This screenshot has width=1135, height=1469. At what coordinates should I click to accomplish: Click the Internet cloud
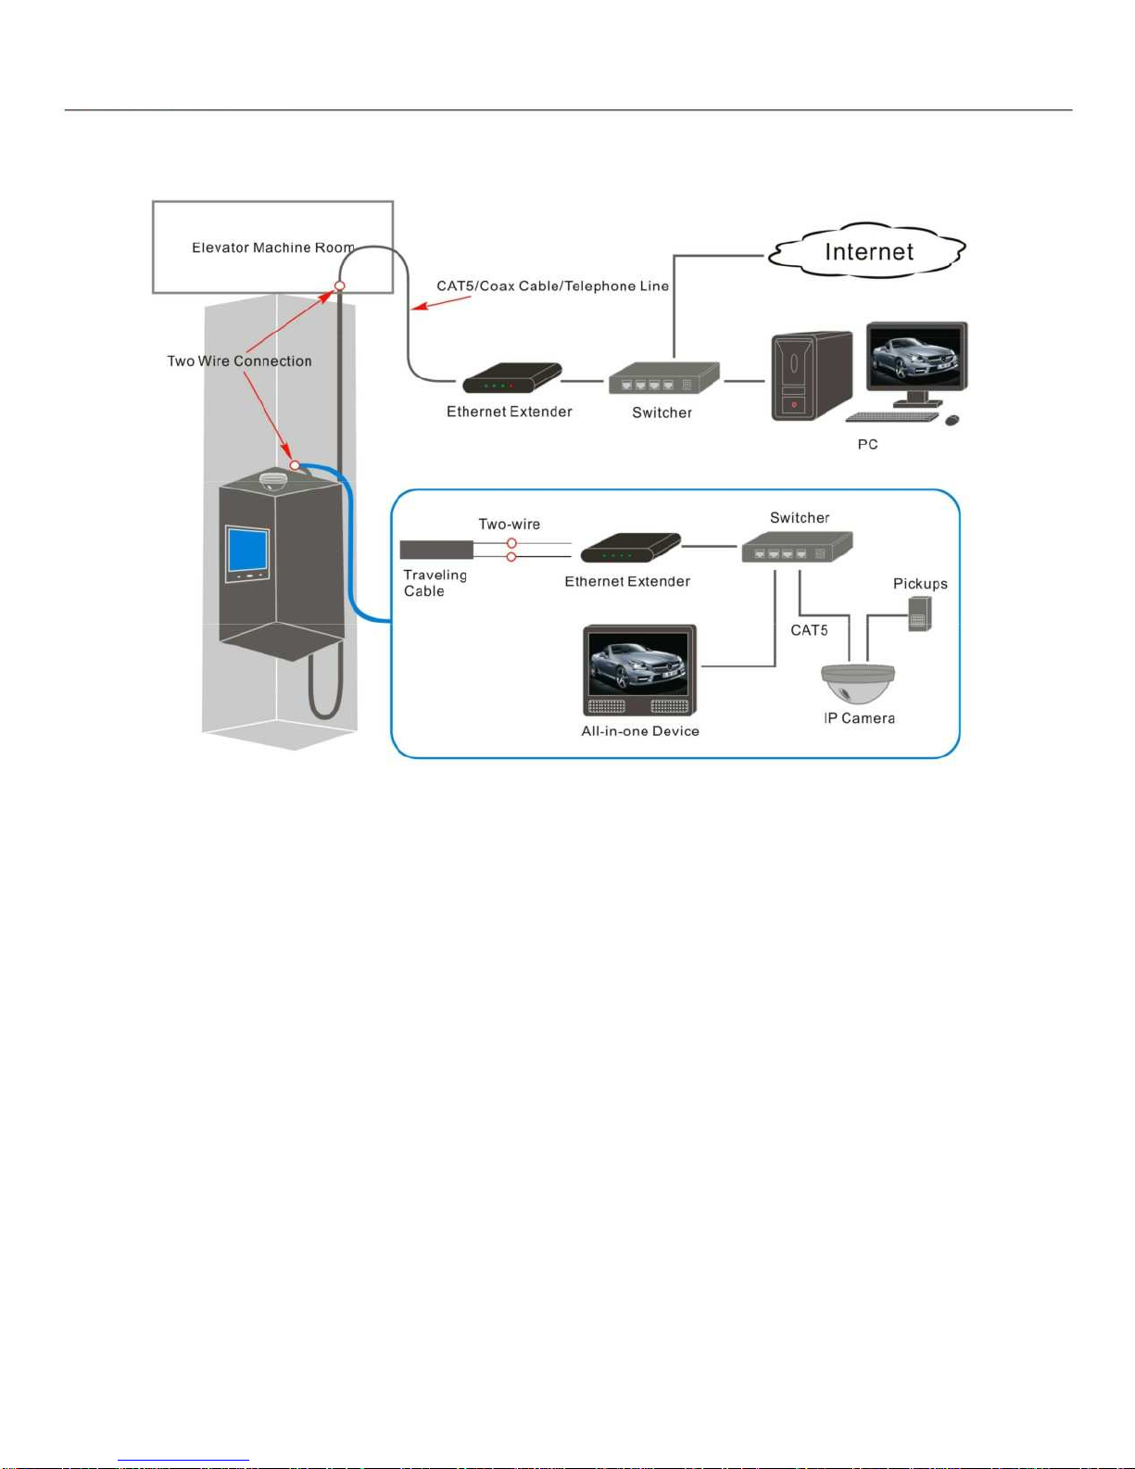point(867,251)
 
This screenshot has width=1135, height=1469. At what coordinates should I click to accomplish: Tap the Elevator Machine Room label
point(273,247)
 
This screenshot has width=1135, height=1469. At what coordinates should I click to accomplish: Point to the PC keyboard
point(892,416)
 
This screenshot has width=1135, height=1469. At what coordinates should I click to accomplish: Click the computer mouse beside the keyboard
point(952,421)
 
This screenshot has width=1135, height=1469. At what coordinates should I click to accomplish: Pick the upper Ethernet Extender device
point(511,378)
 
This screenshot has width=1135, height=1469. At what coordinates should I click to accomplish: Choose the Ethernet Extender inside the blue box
point(630,548)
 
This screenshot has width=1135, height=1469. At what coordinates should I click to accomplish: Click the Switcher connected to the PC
point(663,378)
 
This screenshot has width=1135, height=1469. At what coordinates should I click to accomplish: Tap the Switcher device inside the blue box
point(797,547)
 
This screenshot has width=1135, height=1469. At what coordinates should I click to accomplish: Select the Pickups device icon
point(919,614)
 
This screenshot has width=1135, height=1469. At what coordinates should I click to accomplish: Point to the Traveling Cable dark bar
point(436,550)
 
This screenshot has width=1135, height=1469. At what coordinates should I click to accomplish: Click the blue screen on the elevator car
point(247,551)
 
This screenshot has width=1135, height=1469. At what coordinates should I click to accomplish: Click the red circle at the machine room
point(340,286)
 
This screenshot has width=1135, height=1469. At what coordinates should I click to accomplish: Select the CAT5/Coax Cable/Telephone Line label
point(552,286)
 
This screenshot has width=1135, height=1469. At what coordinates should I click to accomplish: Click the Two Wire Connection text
point(239,361)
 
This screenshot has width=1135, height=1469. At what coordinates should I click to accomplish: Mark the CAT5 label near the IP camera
point(809,630)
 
